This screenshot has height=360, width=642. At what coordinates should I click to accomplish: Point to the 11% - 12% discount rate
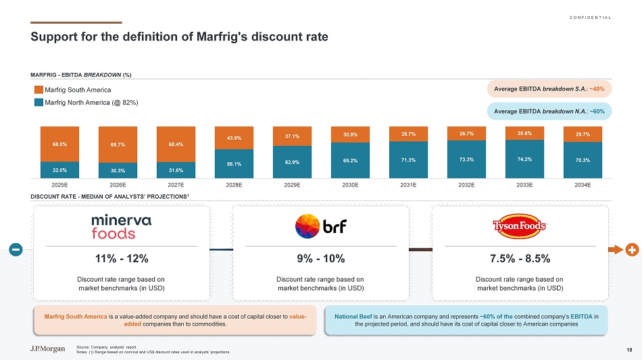coord(122,259)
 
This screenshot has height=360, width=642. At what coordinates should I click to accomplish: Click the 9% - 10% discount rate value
coord(320,259)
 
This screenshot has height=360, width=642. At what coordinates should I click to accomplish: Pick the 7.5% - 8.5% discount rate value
coord(519,259)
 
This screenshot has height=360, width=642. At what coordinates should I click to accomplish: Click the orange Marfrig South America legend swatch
coord(39,90)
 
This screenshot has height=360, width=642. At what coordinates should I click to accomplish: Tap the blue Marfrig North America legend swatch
coord(39,103)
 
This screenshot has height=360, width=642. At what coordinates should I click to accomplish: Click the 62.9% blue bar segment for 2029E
coord(292,162)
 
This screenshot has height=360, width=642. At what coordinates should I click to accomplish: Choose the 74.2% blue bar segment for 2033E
coord(524,159)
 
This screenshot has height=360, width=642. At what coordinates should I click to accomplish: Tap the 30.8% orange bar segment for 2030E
coord(350,134)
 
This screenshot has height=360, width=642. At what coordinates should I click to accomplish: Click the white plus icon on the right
coord(632,249)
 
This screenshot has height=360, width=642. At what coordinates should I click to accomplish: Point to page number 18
coord(629,349)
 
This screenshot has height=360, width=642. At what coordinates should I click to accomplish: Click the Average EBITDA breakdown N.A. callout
coord(548,111)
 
